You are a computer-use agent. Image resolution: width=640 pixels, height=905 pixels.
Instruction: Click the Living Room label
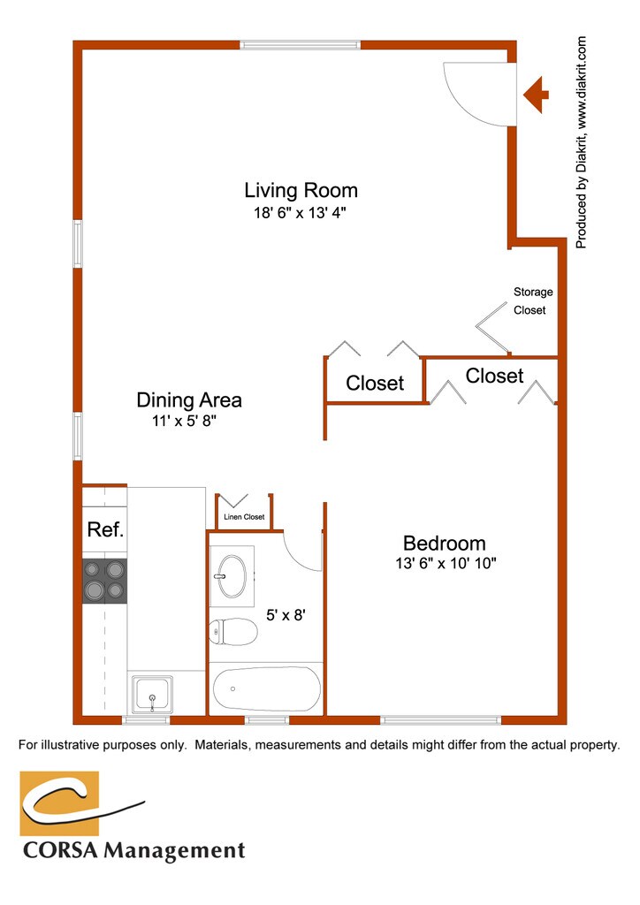point(301,191)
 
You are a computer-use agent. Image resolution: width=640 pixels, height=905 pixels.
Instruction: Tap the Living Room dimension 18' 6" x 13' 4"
point(300,213)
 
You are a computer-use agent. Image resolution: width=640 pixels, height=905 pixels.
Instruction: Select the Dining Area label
point(188,400)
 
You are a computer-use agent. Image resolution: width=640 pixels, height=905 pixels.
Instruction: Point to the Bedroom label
point(444,544)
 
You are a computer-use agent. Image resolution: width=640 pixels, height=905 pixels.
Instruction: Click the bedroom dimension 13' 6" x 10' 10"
point(446,563)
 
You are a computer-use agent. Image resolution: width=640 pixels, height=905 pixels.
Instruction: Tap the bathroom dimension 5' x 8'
point(286,615)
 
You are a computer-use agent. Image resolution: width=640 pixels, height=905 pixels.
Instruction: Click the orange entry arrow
point(536,94)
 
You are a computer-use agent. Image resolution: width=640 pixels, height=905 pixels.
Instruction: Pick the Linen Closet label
point(244,516)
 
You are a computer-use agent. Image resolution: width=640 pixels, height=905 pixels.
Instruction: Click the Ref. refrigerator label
point(105,529)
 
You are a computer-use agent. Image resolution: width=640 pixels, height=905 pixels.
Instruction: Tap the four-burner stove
point(104,581)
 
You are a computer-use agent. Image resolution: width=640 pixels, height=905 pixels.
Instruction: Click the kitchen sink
point(152,695)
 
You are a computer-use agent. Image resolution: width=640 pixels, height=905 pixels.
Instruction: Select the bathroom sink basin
point(232,576)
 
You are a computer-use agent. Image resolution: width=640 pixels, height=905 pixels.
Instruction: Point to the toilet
point(232,632)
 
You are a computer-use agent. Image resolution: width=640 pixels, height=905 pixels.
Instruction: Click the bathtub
point(266,688)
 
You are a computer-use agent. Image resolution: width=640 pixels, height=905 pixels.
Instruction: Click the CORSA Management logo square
point(59,803)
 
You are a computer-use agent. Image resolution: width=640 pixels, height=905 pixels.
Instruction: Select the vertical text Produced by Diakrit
point(581,142)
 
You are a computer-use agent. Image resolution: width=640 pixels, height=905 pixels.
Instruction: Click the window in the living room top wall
point(300,44)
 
